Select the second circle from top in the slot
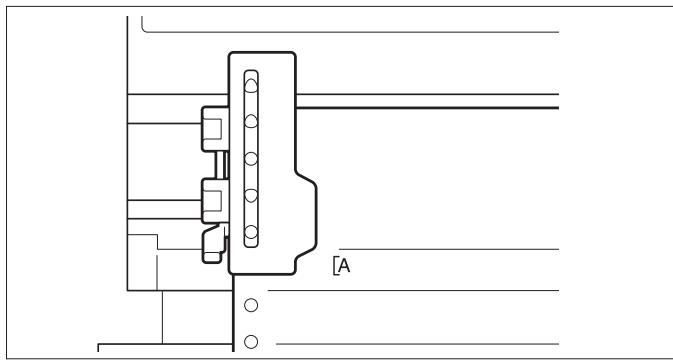tap(251, 120)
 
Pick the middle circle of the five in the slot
tap(251, 157)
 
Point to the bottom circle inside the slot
tap(251, 233)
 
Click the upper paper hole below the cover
tap(251, 304)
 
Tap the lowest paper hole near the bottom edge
tap(251, 340)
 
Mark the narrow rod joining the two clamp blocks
tap(222, 162)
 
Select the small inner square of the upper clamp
tap(210, 127)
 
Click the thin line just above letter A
tap(450, 248)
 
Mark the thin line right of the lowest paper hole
tap(420, 341)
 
